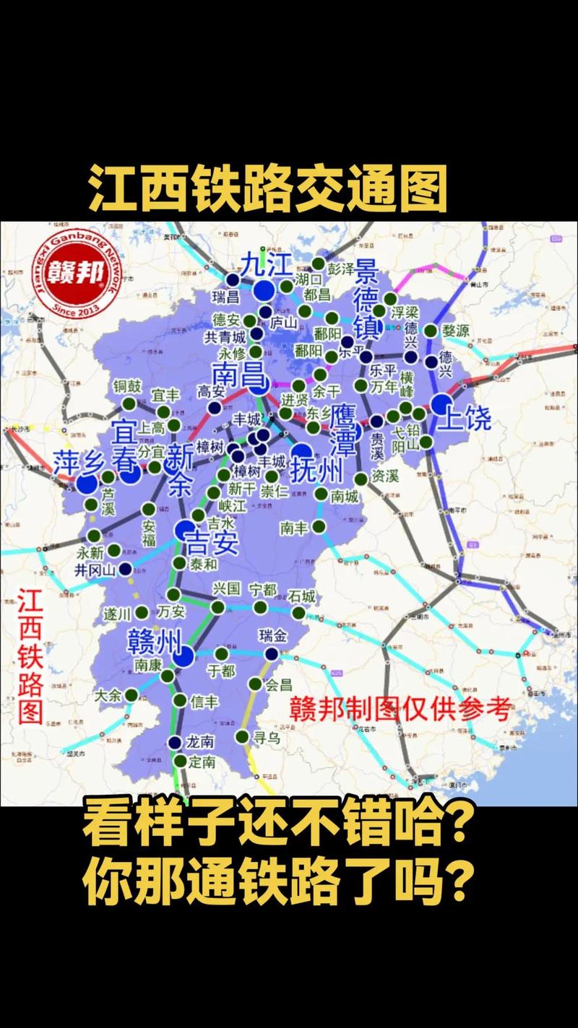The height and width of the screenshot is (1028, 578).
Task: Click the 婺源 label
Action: [x=456, y=331]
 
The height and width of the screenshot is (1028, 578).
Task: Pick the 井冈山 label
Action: [x=95, y=570]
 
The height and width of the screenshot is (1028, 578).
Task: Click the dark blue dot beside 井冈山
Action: [x=126, y=569]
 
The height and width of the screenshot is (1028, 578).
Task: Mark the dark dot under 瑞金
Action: [x=271, y=653]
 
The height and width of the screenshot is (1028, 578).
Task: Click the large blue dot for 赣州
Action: [x=184, y=656]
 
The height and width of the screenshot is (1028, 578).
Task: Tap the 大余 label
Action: [x=108, y=695]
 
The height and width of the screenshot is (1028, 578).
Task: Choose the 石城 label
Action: [x=301, y=596]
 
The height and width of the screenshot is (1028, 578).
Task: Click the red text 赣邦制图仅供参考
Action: [x=400, y=708]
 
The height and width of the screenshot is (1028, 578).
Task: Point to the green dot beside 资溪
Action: [x=361, y=478]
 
